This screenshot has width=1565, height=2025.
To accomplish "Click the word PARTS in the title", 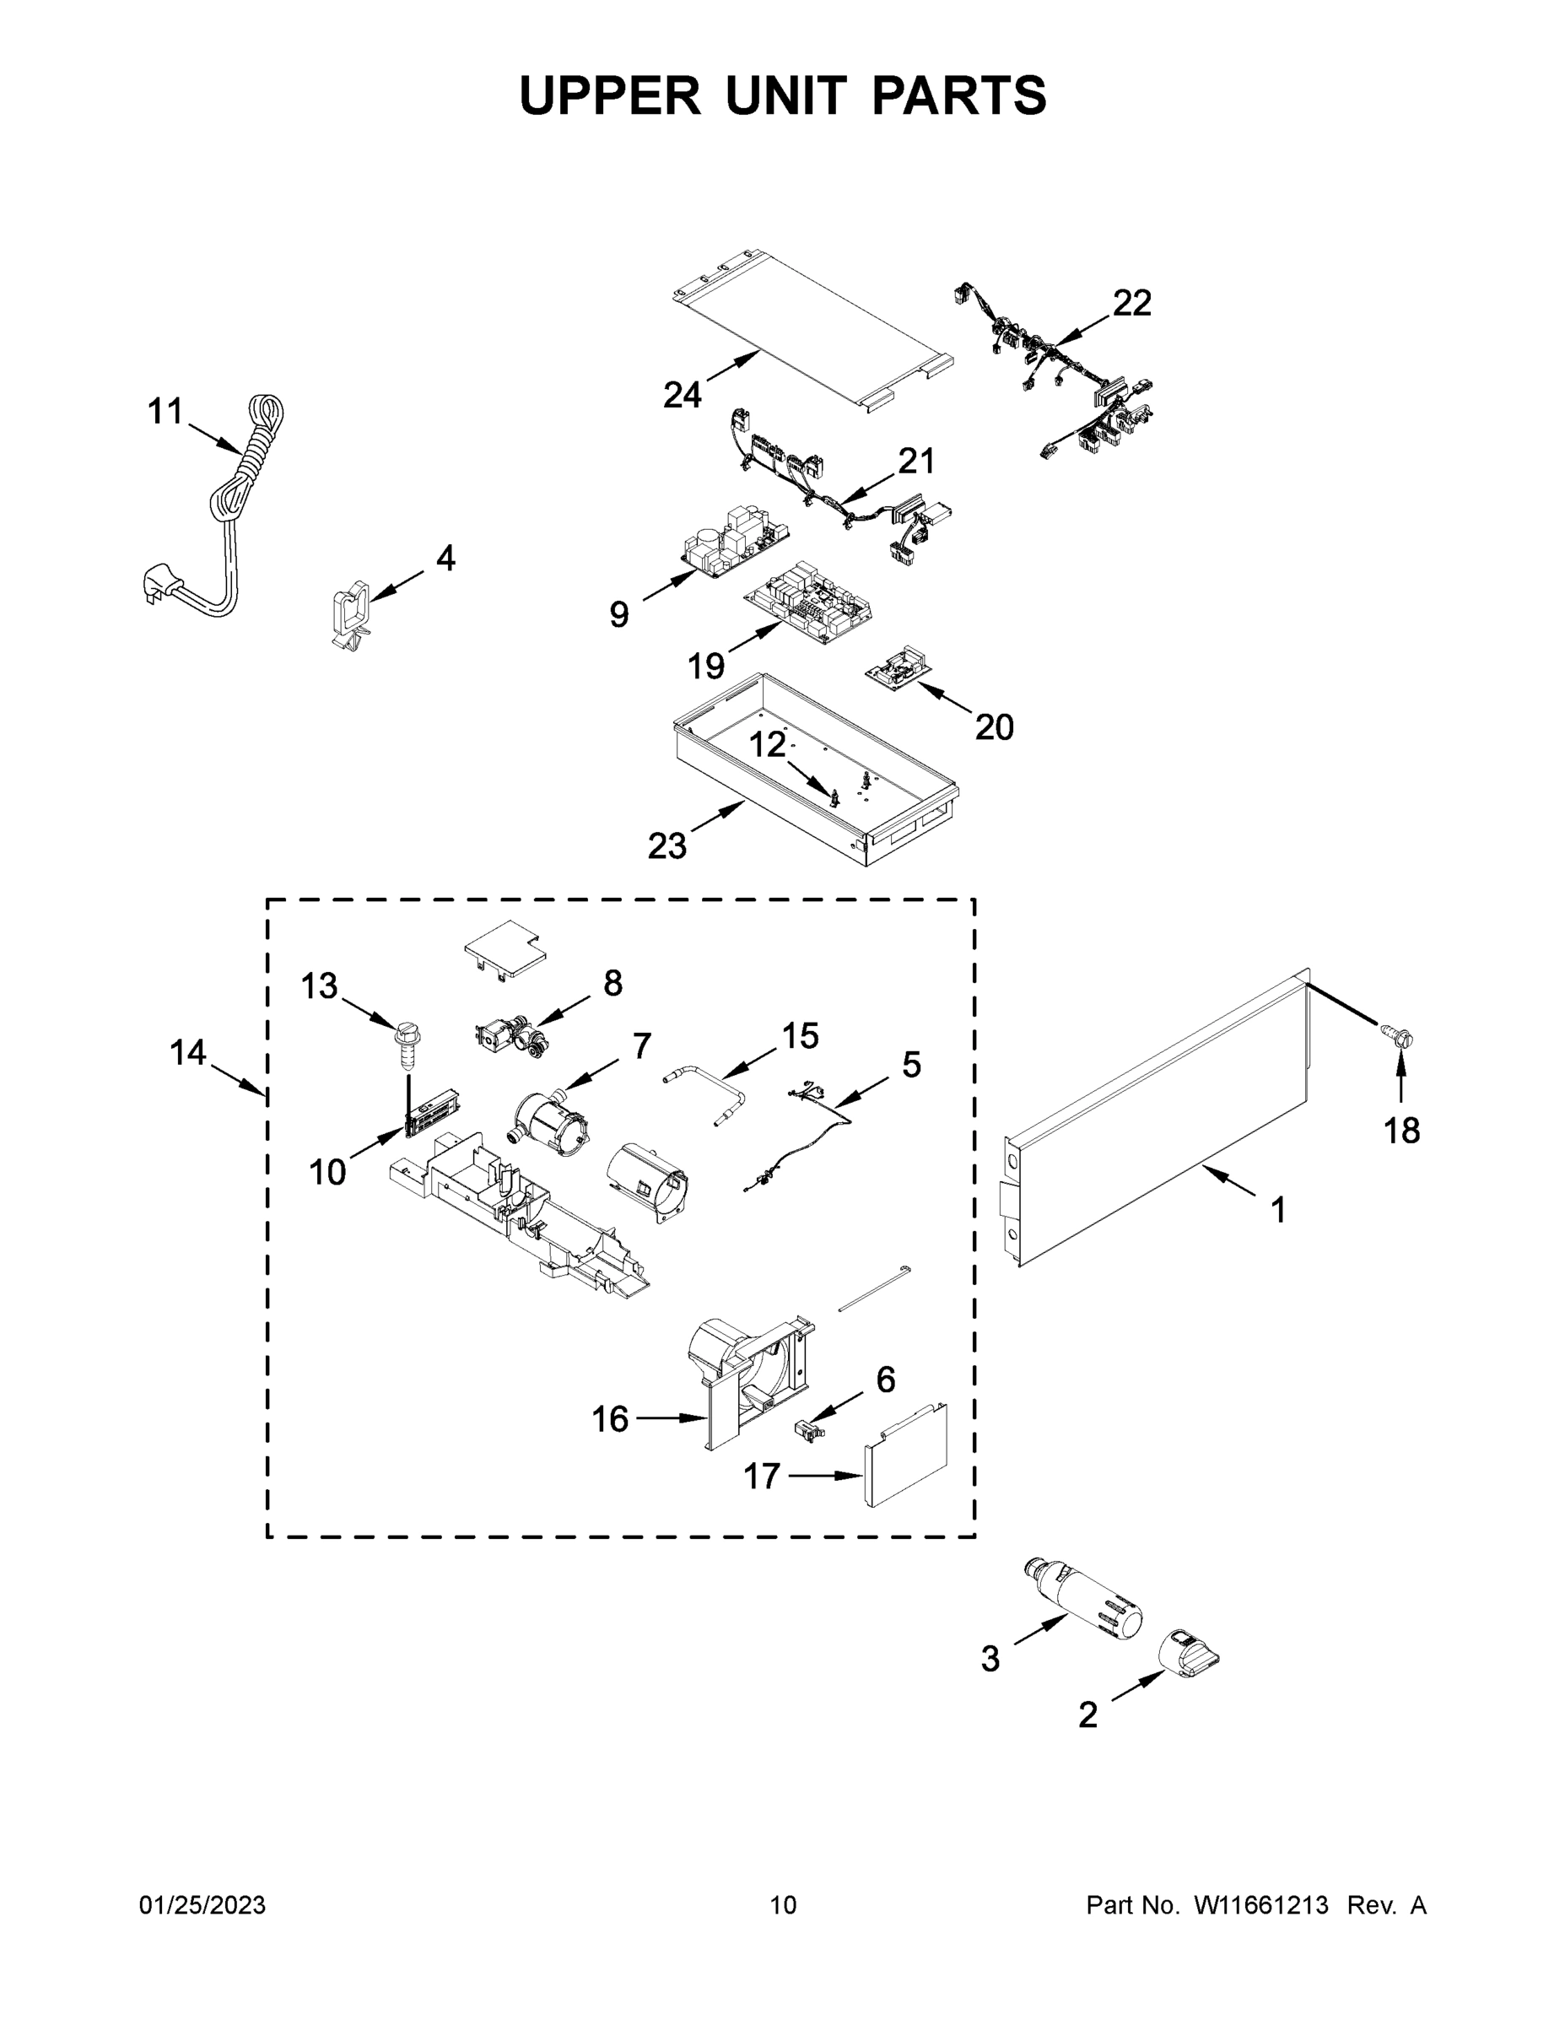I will [958, 95].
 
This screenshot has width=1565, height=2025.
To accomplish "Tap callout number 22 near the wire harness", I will [1131, 303].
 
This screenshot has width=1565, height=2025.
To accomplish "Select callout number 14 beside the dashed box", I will [187, 1052].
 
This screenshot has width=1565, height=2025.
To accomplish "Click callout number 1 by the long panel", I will [1277, 1210].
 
